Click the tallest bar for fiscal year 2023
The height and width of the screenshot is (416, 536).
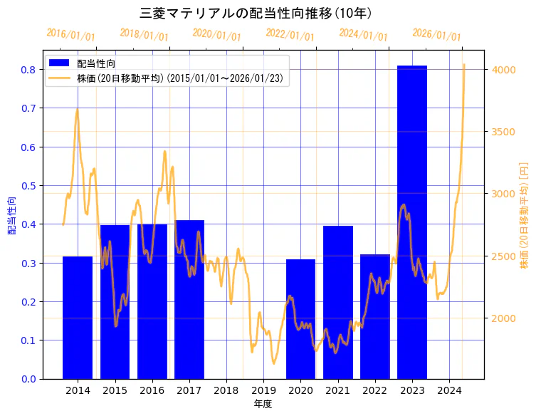(x=412, y=221)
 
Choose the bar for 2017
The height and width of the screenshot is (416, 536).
(x=189, y=299)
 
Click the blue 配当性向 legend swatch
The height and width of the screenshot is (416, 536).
(x=60, y=63)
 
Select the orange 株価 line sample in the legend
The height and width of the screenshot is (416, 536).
(x=60, y=78)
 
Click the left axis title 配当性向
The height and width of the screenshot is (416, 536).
(x=12, y=211)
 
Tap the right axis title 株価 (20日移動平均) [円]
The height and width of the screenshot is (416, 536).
(x=524, y=215)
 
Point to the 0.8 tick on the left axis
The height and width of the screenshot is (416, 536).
(x=29, y=70)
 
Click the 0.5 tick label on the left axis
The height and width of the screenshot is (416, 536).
(x=29, y=186)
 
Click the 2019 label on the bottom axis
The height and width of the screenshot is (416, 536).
(x=263, y=390)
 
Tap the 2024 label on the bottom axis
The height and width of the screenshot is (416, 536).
(x=449, y=390)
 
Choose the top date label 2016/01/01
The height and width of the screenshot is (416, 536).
(x=70, y=35)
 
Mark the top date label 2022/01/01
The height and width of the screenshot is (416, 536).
(x=290, y=35)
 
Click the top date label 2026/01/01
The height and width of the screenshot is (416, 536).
(x=436, y=35)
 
